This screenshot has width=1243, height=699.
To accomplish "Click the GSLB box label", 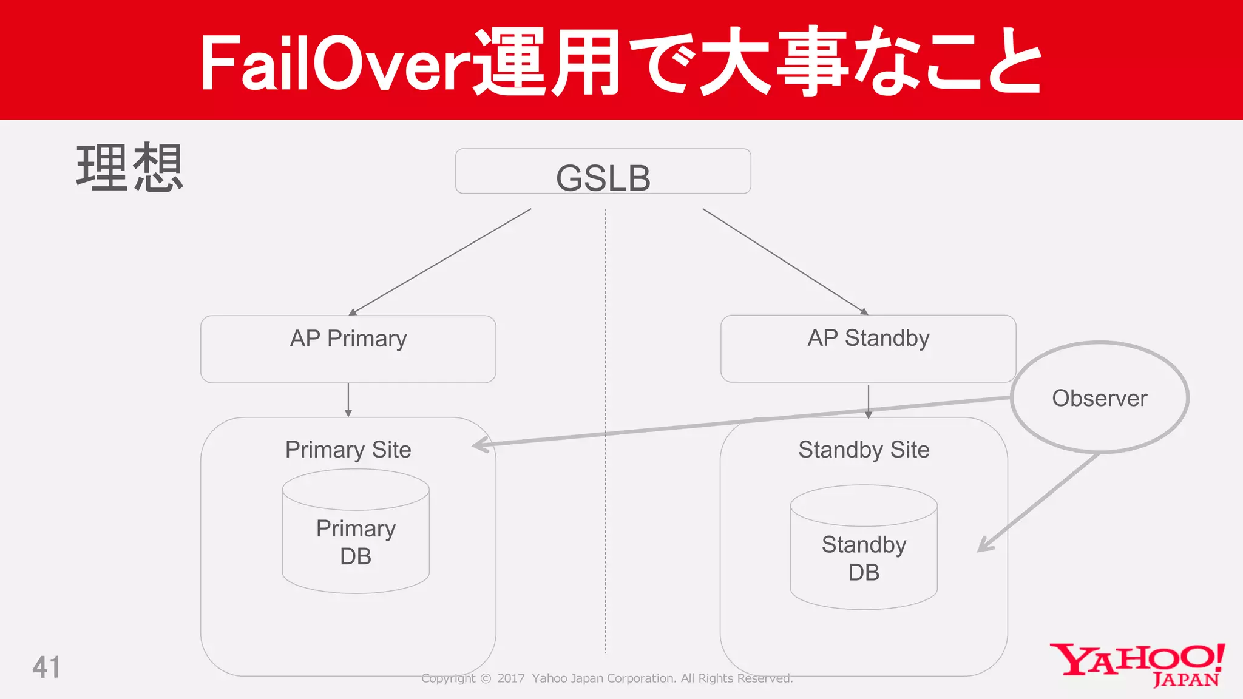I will pyautogui.click(x=603, y=178).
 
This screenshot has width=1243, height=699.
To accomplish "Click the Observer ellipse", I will pyautogui.click(x=1099, y=397).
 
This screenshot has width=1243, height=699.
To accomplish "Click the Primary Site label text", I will pyautogui.click(x=348, y=450).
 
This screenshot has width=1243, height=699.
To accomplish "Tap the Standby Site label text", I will pyautogui.click(x=864, y=450).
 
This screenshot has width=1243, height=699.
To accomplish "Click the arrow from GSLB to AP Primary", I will pyautogui.click(x=440, y=262).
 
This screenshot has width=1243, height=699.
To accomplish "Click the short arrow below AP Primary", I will pyautogui.click(x=348, y=400).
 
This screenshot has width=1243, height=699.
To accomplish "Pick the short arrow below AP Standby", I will pyautogui.click(x=868, y=401).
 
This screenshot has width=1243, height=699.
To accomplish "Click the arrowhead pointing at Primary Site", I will pyautogui.click(x=481, y=445).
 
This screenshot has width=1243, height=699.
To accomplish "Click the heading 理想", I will pyautogui.click(x=129, y=168).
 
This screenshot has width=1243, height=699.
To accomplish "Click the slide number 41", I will pyautogui.click(x=46, y=667).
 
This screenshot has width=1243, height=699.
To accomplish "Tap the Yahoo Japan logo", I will pyautogui.click(x=1137, y=665).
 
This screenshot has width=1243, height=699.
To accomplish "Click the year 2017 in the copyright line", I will pyautogui.click(x=510, y=678).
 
